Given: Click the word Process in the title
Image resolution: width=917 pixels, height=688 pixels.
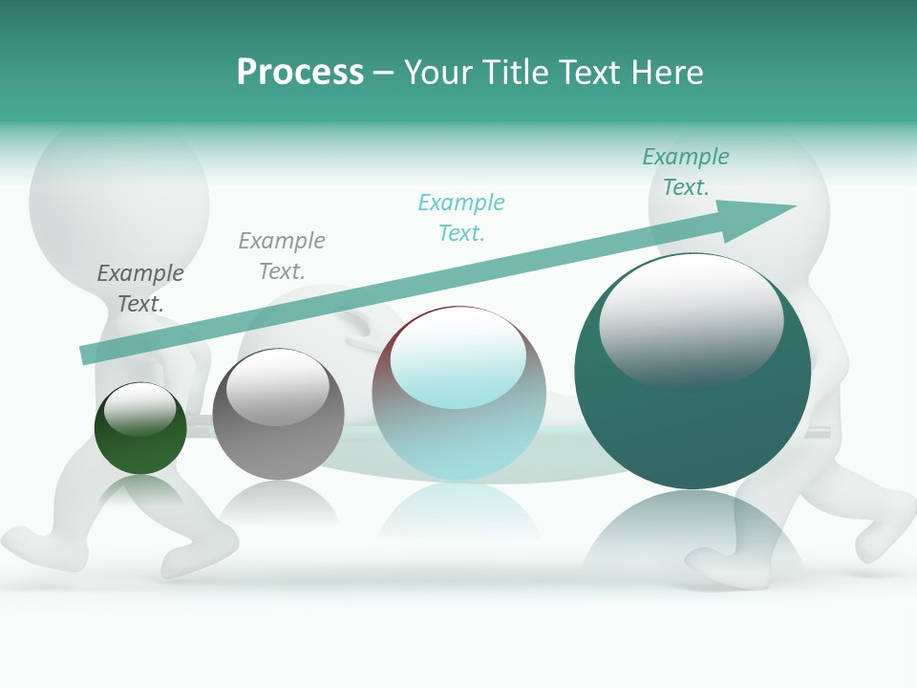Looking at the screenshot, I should [300, 73].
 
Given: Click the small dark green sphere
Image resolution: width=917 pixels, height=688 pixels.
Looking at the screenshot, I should [140, 429].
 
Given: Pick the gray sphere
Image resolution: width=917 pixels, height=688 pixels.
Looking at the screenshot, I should [278, 415].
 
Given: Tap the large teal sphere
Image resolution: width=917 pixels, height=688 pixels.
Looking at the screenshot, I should [693, 372].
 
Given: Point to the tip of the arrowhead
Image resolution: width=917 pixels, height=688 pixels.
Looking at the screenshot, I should [795, 206].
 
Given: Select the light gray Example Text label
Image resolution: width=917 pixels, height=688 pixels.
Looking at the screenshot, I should [282, 256].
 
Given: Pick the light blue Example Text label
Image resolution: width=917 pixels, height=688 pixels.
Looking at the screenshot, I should [461, 218].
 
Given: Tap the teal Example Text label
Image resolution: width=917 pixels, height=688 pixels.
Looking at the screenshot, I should [686, 172].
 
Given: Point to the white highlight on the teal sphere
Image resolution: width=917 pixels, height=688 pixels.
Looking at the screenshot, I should [691, 319].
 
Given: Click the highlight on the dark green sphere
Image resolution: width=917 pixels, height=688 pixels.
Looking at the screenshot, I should [139, 409].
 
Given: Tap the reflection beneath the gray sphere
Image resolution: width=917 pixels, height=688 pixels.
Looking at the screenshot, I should [278, 502].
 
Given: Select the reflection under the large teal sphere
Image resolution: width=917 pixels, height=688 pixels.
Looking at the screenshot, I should [693, 535].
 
